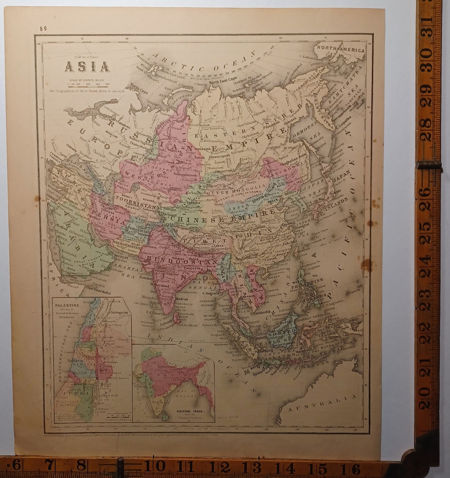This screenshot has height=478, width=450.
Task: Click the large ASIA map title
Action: [x=87, y=67]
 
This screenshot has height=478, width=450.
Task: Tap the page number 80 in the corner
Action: [x=43, y=28]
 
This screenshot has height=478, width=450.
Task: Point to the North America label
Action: [x=340, y=50]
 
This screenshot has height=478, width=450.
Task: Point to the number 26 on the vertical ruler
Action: [x=424, y=193]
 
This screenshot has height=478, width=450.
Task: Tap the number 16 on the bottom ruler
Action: [x=355, y=469]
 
